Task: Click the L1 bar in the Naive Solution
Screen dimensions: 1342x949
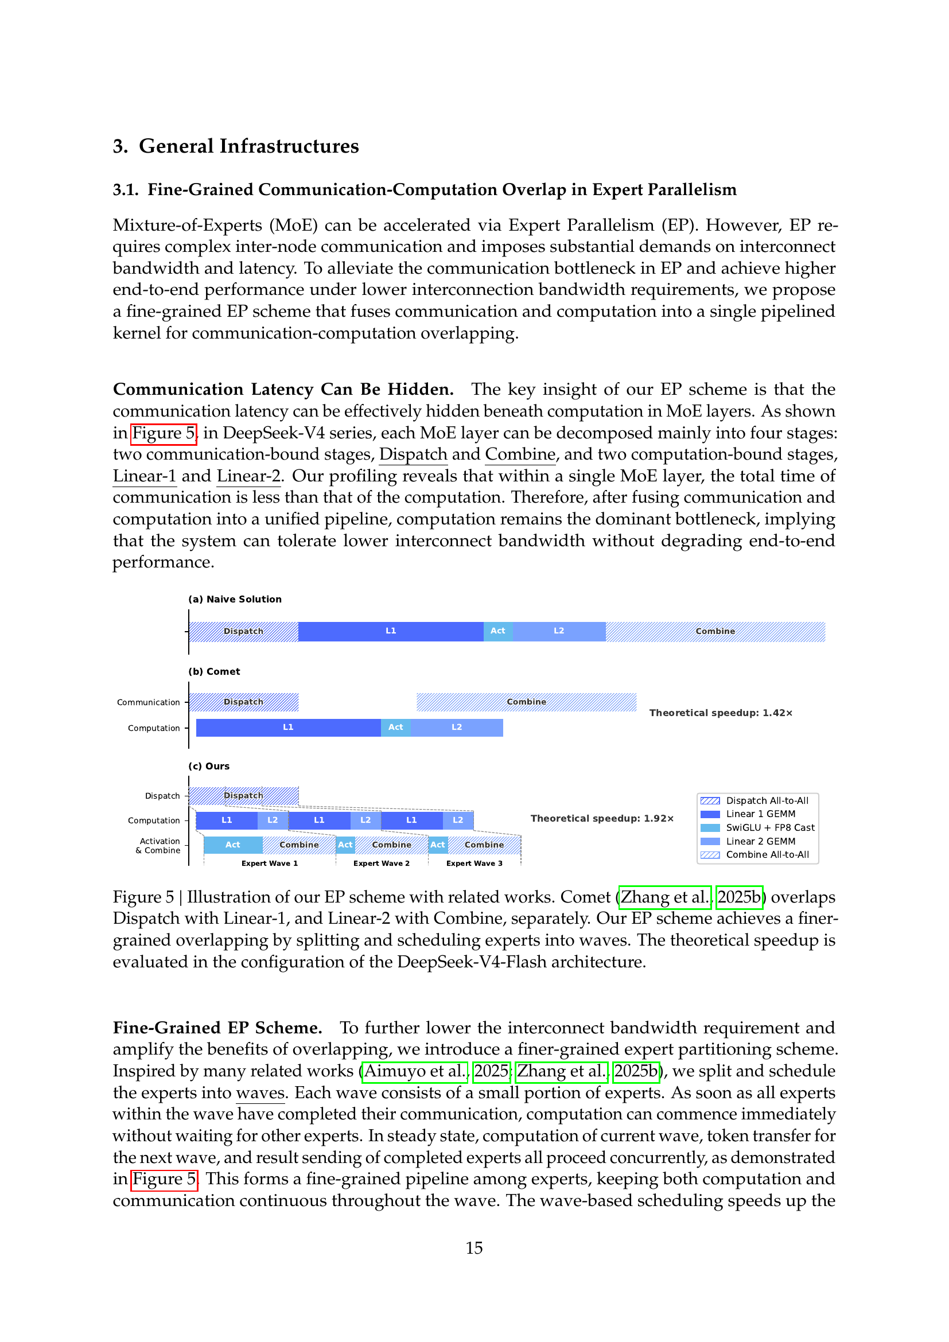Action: click(390, 631)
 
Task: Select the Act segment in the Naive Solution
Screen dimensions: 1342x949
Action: click(498, 631)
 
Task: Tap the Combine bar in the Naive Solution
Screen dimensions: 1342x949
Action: click(715, 631)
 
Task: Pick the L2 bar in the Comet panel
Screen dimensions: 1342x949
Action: click(456, 728)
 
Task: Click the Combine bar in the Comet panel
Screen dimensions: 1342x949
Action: click(526, 702)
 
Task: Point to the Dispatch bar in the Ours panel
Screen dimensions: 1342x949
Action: click(244, 795)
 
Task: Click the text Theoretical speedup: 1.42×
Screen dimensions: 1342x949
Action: click(721, 713)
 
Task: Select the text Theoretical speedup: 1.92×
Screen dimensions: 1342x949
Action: click(602, 818)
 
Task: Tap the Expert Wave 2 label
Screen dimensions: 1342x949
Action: click(381, 863)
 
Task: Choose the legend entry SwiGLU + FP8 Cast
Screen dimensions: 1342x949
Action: click(769, 828)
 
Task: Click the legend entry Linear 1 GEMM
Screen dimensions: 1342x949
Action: click(760, 814)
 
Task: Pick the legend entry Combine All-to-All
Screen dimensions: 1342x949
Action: click(767, 854)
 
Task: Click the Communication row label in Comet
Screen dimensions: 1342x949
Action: click(149, 702)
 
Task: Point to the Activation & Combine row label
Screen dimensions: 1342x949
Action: click(158, 846)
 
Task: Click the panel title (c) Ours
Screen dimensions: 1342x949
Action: click(209, 767)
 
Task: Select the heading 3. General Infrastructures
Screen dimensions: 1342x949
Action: click(235, 146)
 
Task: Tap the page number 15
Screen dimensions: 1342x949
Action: click(474, 1248)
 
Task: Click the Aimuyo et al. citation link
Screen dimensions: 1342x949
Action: click(415, 1071)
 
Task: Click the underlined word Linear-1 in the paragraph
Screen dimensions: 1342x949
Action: click(145, 476)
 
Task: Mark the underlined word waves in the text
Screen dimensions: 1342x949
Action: click(260, 1092)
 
